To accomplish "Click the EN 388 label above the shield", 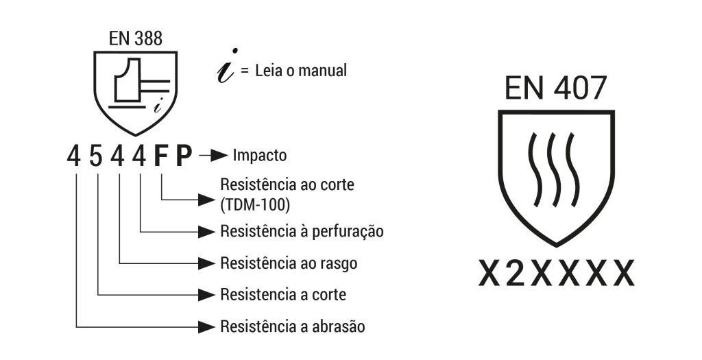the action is tap(136, 38).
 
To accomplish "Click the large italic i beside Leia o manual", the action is tap(228, 66).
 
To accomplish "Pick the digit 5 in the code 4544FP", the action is tap(96, 156).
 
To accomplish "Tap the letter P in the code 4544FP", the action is tap(184, 156).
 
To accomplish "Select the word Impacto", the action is tap(260, 156).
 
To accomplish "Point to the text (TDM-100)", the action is tap(255, 204).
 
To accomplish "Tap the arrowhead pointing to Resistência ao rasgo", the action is tap(207, 263).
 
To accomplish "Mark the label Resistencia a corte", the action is tap(283, 295).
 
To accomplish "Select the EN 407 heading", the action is tap(555, 88).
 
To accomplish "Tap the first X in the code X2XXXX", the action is tap(489, 273).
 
